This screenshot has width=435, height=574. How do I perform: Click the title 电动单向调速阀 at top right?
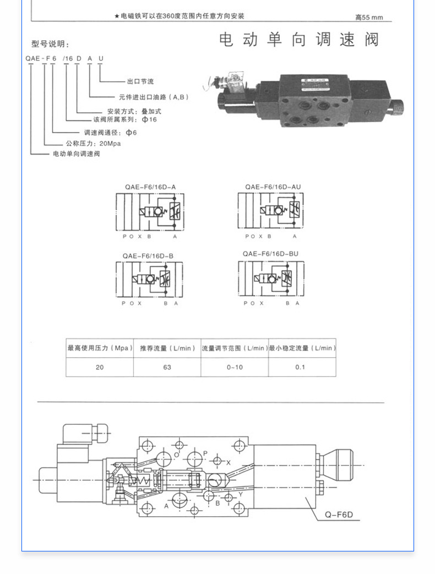click(x=299, y=41)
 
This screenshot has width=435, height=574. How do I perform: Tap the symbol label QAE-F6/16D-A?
click(x=150, y=187)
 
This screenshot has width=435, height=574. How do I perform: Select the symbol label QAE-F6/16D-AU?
click(x=273, y=187)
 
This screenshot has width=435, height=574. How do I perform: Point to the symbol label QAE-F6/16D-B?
click(x=148, y=255)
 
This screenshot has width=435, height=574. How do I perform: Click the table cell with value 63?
click(x=167, y=367)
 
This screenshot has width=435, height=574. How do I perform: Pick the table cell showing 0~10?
click(x=235, y=367)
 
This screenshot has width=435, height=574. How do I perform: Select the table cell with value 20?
click(x=99, y=367)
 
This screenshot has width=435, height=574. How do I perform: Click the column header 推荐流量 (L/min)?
click(x=167, y=348)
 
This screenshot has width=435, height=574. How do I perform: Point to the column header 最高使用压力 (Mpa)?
click(x=100, y=348)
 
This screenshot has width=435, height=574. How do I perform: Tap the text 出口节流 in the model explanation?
click(x=140, y=81)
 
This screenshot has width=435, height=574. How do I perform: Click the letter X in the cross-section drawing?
click(x=229, y=462)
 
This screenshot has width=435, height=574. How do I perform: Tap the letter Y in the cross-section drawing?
click(x=241, y=494)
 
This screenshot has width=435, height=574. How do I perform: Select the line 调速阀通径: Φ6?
click(x=110, y=133)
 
